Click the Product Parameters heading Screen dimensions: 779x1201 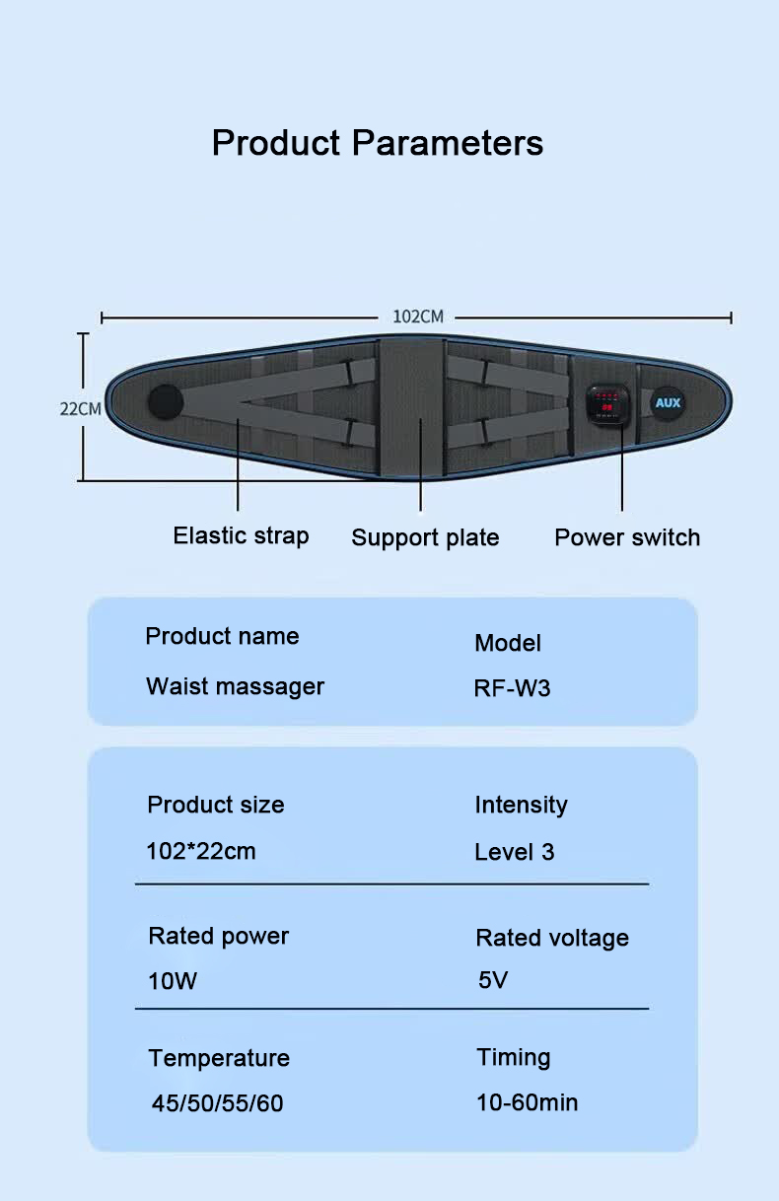click(378, 143)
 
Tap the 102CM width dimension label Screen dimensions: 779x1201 click(418, 317)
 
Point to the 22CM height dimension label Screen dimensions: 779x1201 click(81, 409)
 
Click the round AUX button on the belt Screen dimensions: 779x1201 click(668, 402)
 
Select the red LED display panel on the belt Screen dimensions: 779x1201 click(607, 403)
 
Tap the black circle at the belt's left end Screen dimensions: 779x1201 click(166, 402)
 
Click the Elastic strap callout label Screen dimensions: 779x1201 click(241, 535)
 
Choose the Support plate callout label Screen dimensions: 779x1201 click(425, 537)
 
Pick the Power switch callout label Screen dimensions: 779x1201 click(627, 537)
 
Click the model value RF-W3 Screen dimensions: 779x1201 click(512, 688)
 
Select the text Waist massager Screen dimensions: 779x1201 click(236, 687)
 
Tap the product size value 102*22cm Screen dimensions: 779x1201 click(201, 851)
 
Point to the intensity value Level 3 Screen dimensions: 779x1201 click(514, 852)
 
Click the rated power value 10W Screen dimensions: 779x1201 click(173, 981)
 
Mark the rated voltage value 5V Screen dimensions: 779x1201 click(493, 980)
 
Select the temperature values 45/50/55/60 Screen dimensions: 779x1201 click(217, 1103)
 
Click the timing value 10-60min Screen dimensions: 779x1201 click(527, 1102)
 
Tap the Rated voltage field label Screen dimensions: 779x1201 click(552, 939)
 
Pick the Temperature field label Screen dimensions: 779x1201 click(219, 1058)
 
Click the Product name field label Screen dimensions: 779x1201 click(222, 636)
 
